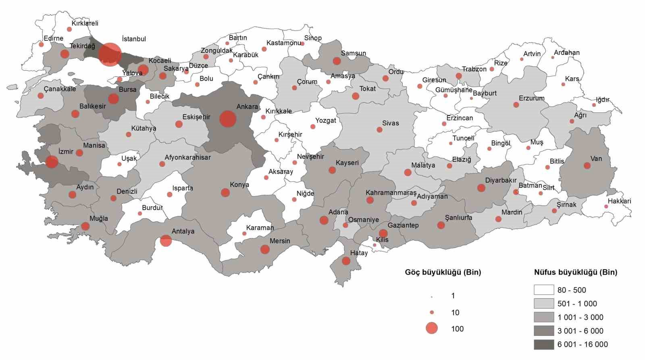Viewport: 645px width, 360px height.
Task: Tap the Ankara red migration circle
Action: click(227, 119)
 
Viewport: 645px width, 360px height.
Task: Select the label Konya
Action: click(239, 185)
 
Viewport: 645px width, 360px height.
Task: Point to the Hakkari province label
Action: click(619, 201)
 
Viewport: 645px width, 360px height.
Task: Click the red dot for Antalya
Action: click(166, 241)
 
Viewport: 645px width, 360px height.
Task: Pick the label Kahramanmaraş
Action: click(391, 193)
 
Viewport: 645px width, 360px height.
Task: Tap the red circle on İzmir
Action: click(52, 162)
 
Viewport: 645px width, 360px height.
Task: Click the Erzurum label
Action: click(531, 98)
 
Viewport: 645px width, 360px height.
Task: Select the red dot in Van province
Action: click(587, 166)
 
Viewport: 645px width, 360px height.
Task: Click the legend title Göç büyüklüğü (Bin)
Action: click(443, 272)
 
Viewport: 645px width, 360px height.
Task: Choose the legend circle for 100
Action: click(432, 328)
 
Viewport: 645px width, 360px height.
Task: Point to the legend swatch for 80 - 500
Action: click(544, 290)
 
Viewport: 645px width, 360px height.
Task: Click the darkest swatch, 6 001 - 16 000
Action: click(544, 344)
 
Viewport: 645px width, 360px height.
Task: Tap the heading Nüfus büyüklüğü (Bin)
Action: click(575, 272)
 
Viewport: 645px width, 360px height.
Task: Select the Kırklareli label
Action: click(85, 23)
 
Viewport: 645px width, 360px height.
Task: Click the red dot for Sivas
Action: click(379, 129)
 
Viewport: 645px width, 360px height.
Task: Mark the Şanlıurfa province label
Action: click(458, 218)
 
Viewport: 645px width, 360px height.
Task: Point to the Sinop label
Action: click(313, 38)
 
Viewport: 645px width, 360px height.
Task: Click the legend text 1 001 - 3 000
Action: click(580, 317)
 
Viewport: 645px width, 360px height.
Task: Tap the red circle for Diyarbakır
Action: click(481, 188)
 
